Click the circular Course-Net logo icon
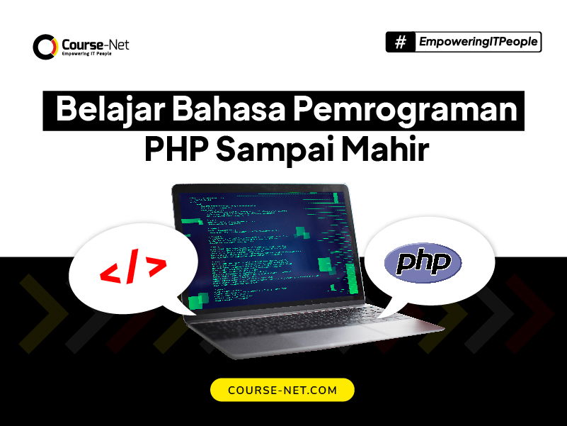pyautogui.click(x=44, y=47)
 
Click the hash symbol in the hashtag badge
pyautogui.click(x=401, y=43)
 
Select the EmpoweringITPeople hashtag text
pyautogui.click(x=478, y=43)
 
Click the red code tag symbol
pyautogui.click(x=133, y=269)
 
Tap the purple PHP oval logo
pyautogui.click(x=423, y=264)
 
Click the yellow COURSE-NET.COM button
pyautogui.click(x=282, y=390)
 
